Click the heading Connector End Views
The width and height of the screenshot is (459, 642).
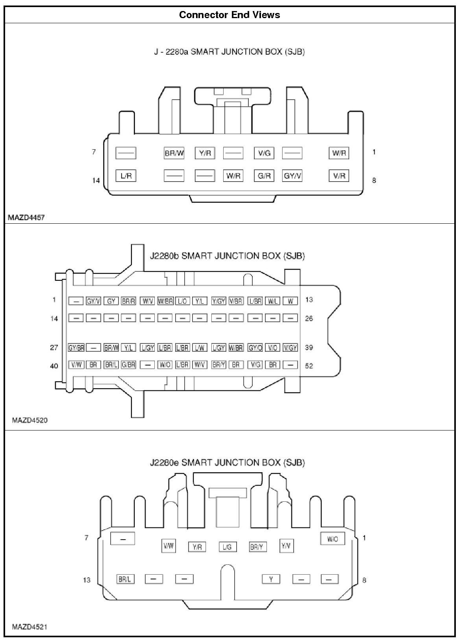coord(229,15)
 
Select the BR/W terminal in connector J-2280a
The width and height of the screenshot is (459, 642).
coord(174,153)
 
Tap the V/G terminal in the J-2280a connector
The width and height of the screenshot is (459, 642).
coord(264,153)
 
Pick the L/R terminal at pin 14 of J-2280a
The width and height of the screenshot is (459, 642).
coord(126,176)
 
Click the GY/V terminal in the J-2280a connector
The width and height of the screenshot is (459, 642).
coord(292,176)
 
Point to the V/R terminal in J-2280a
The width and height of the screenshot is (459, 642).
coord(339,176)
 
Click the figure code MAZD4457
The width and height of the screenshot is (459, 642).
coord(26,217)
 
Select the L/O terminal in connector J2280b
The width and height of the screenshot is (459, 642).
coord(182,301)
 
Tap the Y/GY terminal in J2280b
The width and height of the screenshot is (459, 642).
coord(218,301)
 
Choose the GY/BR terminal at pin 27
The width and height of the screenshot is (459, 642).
coord(76,348)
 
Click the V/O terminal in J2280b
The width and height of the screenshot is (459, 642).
coord(272,348)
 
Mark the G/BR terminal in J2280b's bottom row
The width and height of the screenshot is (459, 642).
coord(128,365)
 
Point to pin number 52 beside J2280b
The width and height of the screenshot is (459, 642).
coord(309,366)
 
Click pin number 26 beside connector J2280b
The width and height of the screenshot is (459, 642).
coord(309,318)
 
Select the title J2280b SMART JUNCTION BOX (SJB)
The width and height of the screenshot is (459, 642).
coord(228,256)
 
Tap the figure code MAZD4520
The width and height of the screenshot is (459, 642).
coord(30,420)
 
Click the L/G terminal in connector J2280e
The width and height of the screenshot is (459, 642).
coord(228,547)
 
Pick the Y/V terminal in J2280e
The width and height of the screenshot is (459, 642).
coord(286,546)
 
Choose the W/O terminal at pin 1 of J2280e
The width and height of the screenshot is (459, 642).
coord(333,539)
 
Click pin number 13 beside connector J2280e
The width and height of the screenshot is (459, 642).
coord(87,580)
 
